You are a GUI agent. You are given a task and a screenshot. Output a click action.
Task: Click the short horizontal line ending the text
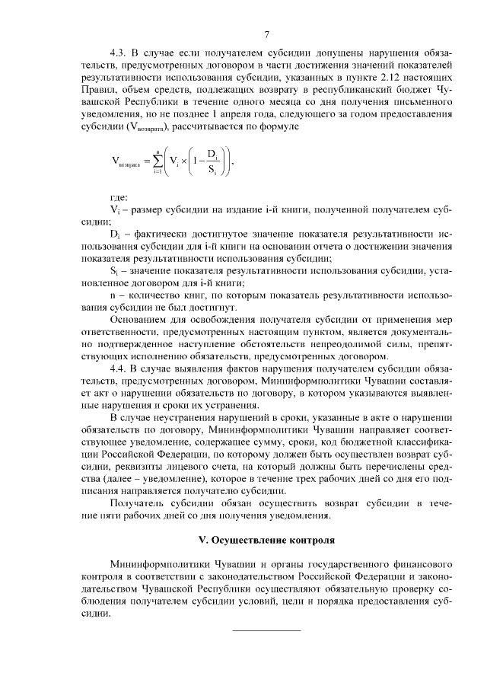coord(266,630)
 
